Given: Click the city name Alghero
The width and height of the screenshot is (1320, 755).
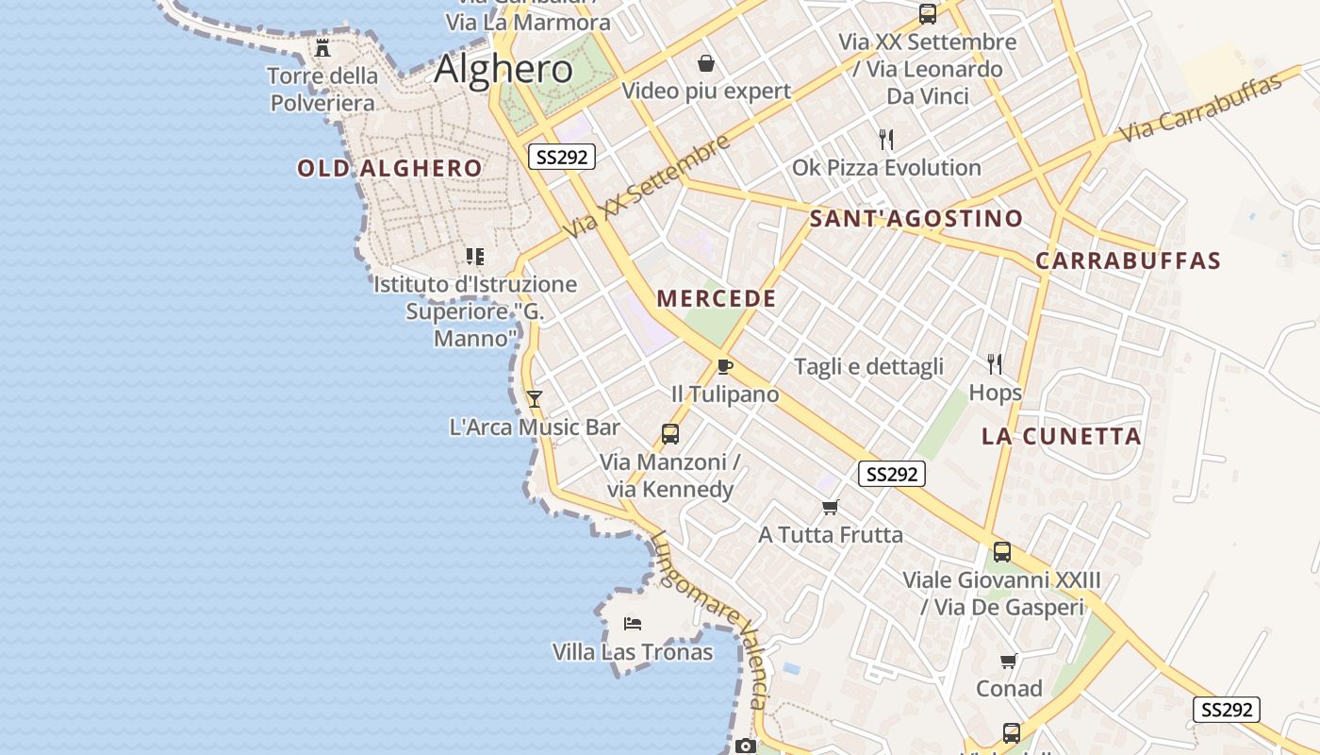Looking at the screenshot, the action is click(x=503, y=69).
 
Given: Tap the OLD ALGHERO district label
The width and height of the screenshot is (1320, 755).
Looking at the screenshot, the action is click(x=389, y=169).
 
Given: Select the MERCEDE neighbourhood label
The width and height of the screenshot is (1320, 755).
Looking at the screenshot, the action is click(x=717, y=299).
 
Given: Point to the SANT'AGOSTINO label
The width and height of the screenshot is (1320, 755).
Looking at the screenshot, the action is click(x=916, y=219).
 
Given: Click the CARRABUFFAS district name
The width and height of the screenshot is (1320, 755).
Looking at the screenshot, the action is click(x=1128, y=261).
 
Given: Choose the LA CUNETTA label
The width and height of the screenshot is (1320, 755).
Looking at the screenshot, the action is click(x=1062, y=436).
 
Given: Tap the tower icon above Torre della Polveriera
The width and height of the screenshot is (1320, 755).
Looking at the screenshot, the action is click(x=322, y=47).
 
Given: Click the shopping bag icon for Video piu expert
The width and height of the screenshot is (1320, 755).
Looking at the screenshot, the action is click(x=705, y=63).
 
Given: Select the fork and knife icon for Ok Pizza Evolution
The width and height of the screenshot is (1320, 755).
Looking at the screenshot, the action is click(x=885, y=140).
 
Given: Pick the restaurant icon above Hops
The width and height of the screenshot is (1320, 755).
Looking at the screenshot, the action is click(x=994, y=363).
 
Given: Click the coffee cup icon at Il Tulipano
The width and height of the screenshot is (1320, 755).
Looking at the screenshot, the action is click(x=724, y=366).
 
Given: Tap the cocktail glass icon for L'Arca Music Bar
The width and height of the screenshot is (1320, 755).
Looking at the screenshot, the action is click(x=535, y=399).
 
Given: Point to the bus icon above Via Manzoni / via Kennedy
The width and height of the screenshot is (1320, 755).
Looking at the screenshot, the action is click(x=669, y=434).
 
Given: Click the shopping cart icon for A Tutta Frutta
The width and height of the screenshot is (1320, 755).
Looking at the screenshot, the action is click(x=830, y=508).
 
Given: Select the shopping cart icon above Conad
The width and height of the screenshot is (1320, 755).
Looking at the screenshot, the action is click(x=1008, y=661).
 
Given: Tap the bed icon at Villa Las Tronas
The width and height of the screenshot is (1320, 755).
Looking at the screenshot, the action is click(x=633, y=624).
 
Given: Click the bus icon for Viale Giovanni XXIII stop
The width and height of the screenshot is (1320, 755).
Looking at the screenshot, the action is click(x=1001, y=552).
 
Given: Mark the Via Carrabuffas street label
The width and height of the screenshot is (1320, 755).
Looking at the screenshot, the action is click(x=1201, y=107).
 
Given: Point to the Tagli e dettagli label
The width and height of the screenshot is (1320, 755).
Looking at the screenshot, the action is click(x=868, y=367).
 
